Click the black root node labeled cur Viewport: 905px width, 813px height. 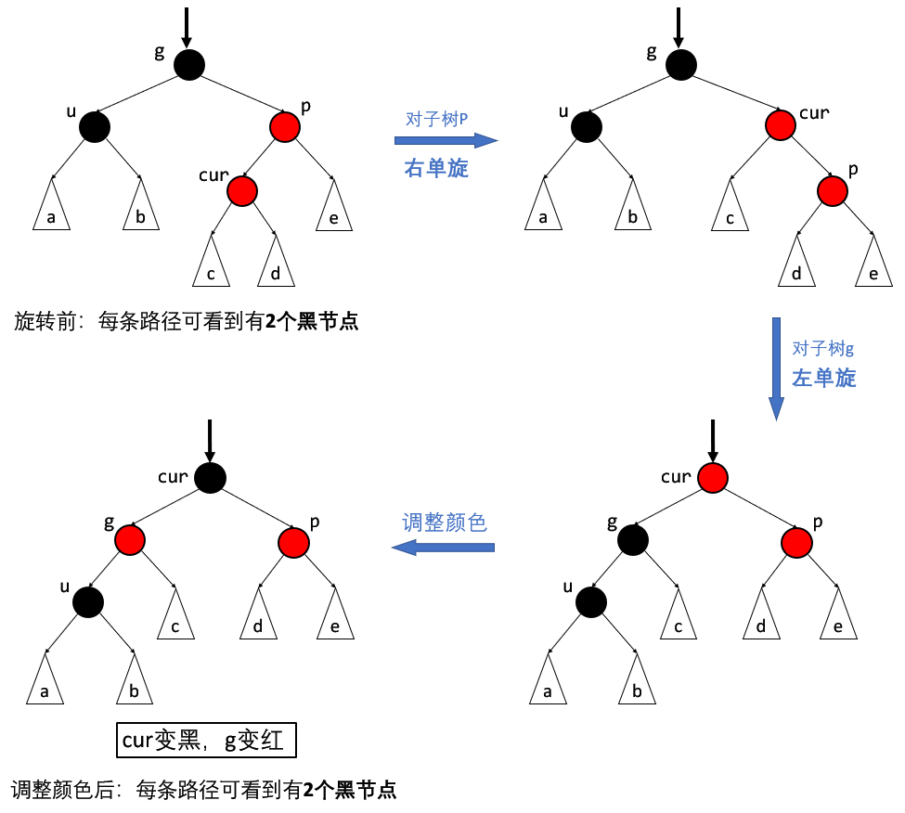pyautogui.click(x=210, y=478)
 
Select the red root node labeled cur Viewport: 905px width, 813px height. pyautogui.click(x=712, y=478)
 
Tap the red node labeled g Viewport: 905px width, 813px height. pyautogui.click(x=131, y=539)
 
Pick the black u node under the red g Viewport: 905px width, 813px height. pyautogui.click(x=88, y=601)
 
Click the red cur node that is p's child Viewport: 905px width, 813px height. pyautogui.click(x=241, y=190)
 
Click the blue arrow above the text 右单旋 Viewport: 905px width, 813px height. pyautogui.click(x=446, y=141)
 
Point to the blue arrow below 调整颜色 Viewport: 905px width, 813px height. pyautogui.click(x=443, y=548)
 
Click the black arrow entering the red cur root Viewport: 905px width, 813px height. pyautogui.click(x=712, y=440)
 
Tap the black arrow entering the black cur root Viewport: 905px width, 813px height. pyautogui.click(x=210, y=440)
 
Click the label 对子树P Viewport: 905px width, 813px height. pyautogui.click(x=437, y=119)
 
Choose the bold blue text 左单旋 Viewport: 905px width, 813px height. pyautogui.click(x=823, y=379)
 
